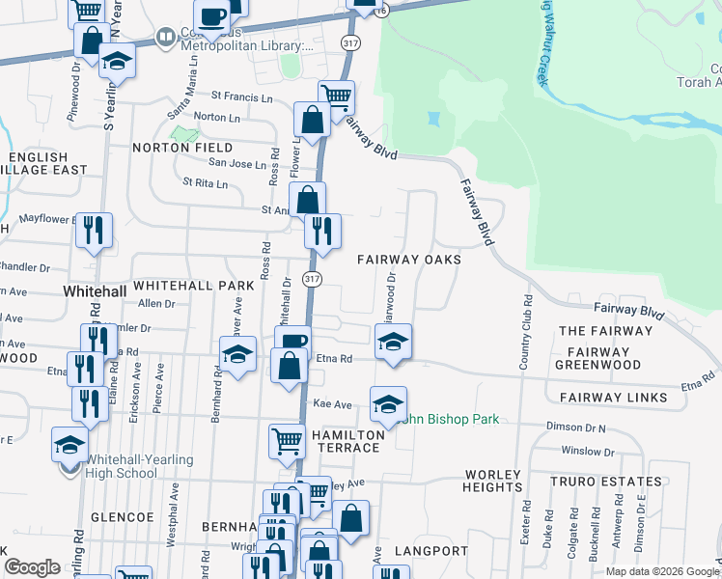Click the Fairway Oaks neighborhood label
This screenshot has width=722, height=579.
point(408,260)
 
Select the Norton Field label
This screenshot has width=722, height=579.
point(183,149)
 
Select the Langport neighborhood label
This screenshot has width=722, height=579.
point(430,551)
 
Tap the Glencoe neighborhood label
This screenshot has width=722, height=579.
point(123,517)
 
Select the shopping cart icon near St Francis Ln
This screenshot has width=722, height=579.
point(337,96)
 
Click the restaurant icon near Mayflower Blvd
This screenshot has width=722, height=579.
point(95,229)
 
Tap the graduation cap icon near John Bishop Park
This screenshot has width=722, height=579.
point(388,403)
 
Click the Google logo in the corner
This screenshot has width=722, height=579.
point(32,567)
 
